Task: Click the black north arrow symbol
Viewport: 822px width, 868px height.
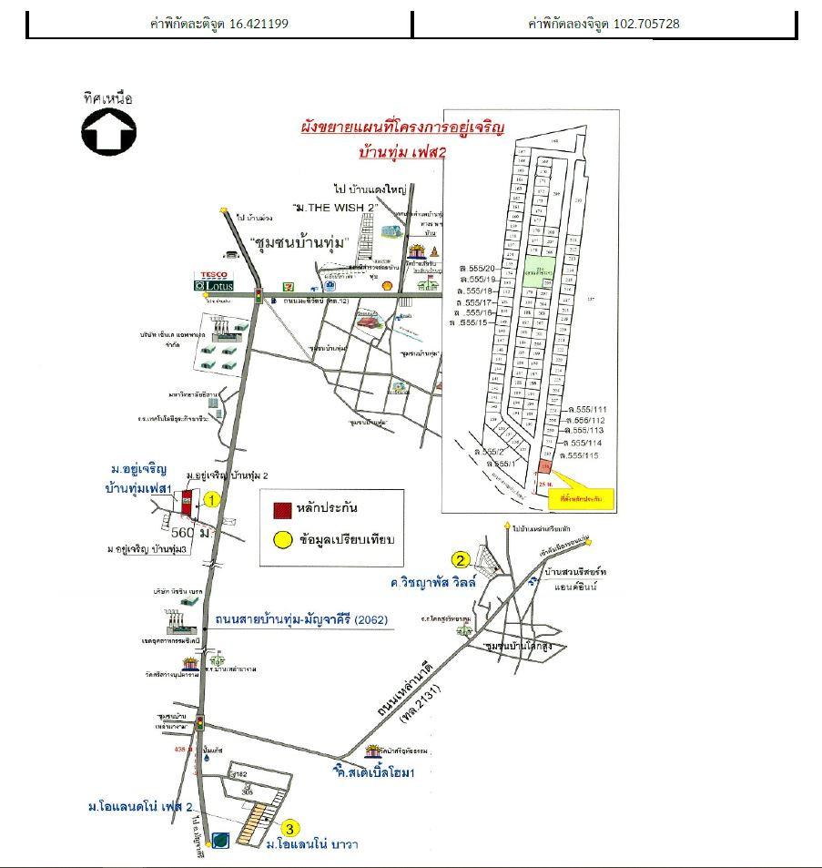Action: [109, 133]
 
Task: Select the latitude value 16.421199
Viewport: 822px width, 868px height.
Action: [259, 24]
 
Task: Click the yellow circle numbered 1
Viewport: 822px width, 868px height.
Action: [211, 499]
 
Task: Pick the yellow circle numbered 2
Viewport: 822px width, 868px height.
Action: [462, 559]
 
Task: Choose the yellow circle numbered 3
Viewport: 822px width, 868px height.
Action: [289, 828]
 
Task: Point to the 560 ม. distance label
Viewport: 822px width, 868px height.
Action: [191, 531]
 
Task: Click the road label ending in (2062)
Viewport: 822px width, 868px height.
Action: [301, 620]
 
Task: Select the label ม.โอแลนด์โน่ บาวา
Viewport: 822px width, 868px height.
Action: [312, 844]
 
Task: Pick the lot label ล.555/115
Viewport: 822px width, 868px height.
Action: [584, 454]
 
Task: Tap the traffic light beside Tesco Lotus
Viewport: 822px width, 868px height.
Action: [259, 294]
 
